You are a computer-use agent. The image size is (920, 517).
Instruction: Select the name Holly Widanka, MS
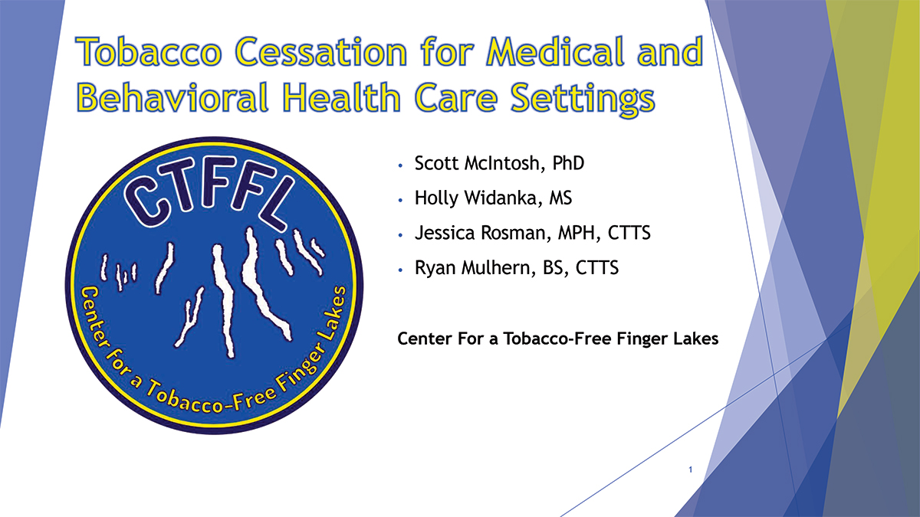pyautogui.click(x=493, y=198)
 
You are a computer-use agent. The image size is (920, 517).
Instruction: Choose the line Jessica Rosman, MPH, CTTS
pyautogui.click(x=532, y=234)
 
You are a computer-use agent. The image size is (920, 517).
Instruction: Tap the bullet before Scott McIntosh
pyautogui.click(x=400, y=165)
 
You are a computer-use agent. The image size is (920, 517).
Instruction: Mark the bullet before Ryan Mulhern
pyautogui.click(x=400, y=270)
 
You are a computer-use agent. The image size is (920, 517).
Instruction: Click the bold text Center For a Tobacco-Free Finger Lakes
pyautogui.click(x=558, y=339)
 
